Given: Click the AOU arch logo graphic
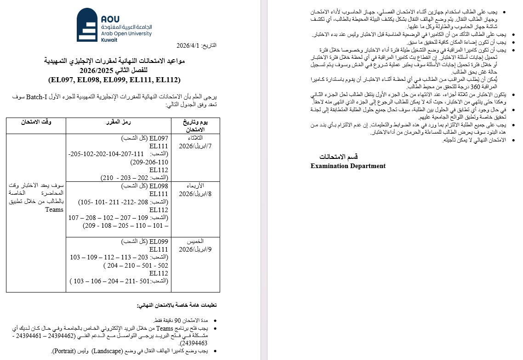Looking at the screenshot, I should (87, 25).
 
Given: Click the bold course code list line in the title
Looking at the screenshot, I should (114, 79).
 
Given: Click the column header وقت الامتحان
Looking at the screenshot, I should (36, 122).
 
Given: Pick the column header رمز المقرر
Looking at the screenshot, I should (118, 122).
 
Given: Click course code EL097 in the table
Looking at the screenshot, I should (159, 138).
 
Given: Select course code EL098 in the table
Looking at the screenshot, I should (159, 186).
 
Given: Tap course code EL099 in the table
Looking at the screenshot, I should (159, 242).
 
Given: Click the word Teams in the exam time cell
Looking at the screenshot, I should (54, 209).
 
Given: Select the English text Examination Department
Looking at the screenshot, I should (348, 166).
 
